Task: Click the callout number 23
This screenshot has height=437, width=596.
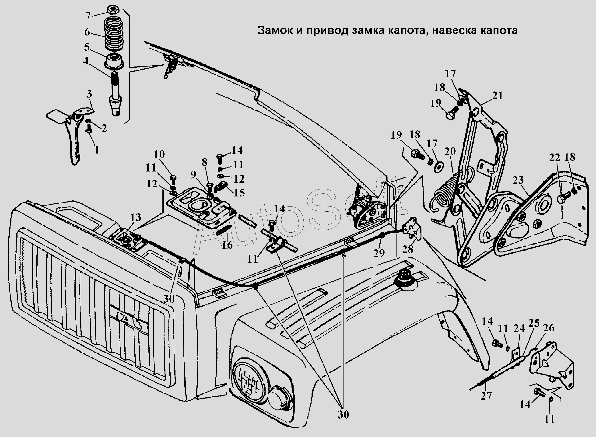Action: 518,180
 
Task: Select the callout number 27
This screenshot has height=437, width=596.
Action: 486,403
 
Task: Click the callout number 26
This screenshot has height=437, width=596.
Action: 549,328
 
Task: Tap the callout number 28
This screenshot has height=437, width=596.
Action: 408,249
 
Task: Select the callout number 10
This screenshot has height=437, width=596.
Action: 159,154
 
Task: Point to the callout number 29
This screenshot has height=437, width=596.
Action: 379,253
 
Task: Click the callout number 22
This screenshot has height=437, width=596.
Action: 554,158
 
